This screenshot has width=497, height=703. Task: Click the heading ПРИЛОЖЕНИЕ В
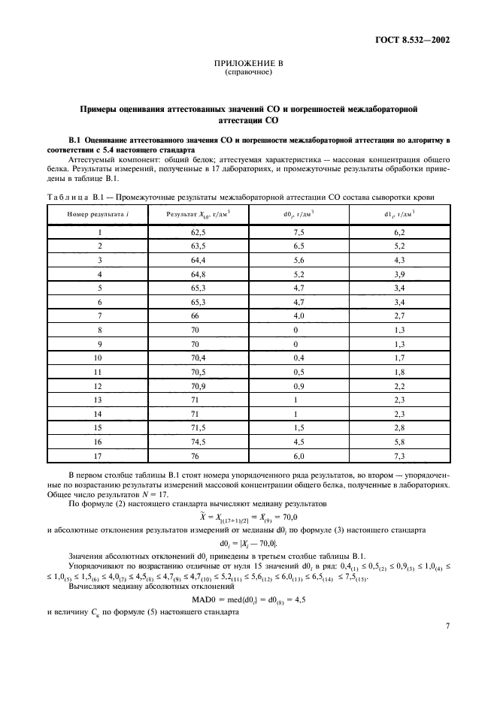coord(248,66)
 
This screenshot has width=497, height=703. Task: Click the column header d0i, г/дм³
coord(299,214)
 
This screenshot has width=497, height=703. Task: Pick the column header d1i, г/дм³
coord(399,214)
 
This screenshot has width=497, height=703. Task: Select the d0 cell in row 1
coord(299,233)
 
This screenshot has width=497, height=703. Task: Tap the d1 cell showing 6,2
coord(399,233)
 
